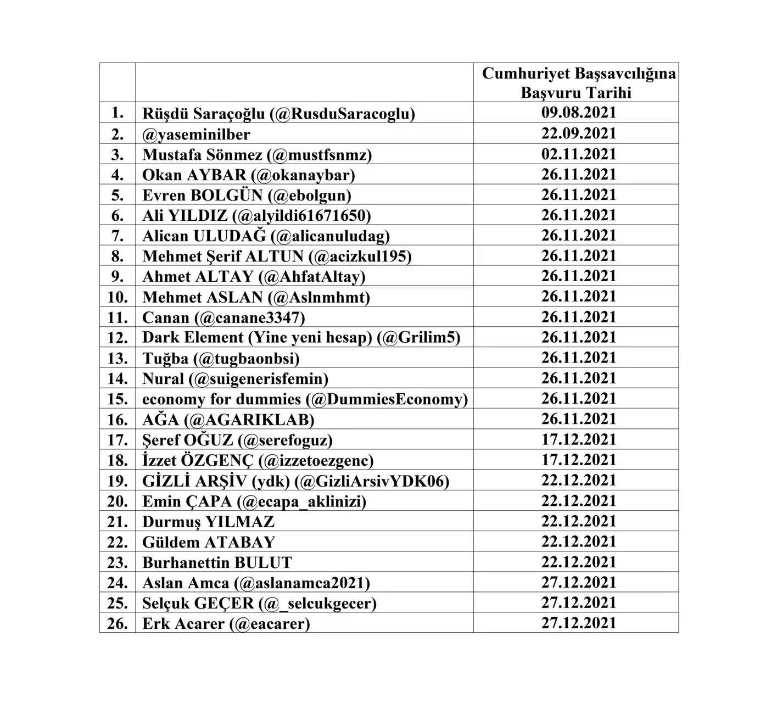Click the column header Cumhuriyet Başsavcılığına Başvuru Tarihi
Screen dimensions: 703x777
(x=578, y=82)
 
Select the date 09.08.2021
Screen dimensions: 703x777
(x=578, y=113)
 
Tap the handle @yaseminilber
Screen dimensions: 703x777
(x=196, y=134)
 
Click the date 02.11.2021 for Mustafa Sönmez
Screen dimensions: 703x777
(x=578, y=154)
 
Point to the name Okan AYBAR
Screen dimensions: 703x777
(x=194, y=175)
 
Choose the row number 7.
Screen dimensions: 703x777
(x=118, y=236)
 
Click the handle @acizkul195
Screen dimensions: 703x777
(x=360, y=256)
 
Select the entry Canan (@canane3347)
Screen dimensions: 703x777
(x=223, y=317)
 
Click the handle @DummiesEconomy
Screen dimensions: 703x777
(x=387, y=399)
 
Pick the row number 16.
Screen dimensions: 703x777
(x=118, y=420)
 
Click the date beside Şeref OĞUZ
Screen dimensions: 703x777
(x=578, y=439)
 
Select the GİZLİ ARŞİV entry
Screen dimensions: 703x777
(x=295, y=481)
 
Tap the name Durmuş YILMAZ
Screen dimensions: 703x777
(x=208, y=522)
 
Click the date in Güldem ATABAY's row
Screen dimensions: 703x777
(x=578, y=542)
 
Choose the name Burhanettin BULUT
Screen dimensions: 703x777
(x=217, y=562)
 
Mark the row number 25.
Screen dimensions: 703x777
(x=118, y=604)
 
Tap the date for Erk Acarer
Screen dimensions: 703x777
(x=578, y=623)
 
